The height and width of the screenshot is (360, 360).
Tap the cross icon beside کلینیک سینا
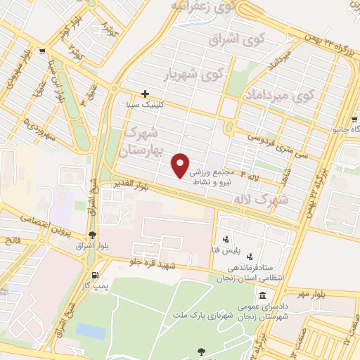coord(145,94)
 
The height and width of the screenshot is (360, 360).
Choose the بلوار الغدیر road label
coord(133,185)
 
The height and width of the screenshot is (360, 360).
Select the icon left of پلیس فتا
coord(224,240)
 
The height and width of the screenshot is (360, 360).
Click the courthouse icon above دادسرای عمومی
coord(263,295)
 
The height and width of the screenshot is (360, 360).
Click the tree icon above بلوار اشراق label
coord(92,236)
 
